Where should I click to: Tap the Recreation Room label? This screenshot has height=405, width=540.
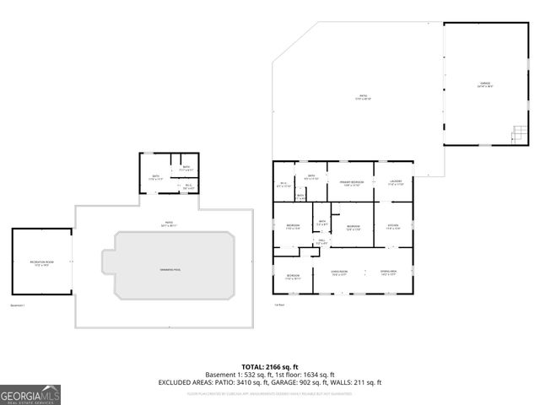tap(41, 262)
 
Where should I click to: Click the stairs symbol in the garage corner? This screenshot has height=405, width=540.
tap(520, 134)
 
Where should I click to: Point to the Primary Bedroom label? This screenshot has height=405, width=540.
tap(352, 183)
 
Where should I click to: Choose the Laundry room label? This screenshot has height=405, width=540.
tap(396, 183)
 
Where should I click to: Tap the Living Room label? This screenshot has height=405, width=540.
tap(340, 272)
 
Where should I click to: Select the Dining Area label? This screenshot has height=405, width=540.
tap(389, 272)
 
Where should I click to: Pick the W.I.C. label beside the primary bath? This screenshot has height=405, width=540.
tap(283, 185)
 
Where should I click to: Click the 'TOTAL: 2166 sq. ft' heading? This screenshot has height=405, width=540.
tap(269, 366)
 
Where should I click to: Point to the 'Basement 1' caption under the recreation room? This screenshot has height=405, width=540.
tap(19, 305)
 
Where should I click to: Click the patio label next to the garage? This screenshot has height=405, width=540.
tap(364, 97)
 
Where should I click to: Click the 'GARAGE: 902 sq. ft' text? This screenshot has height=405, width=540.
tap(303, 383)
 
